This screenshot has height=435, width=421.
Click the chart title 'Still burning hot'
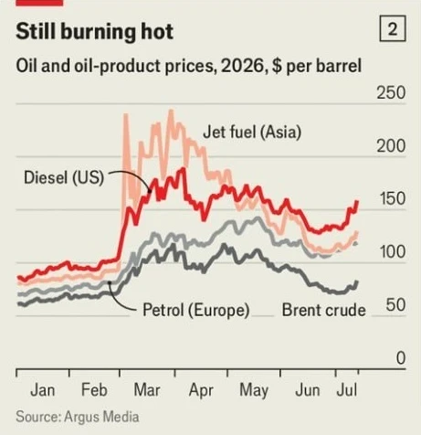coord(94,31)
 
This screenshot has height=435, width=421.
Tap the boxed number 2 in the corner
coord(393,28)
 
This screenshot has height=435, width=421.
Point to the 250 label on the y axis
coord(391,92)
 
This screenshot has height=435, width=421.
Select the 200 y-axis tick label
coord(391,146)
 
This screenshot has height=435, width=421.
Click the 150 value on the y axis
coord(393,198)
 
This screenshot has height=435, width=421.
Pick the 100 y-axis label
coord(393,251)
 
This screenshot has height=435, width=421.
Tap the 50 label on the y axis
coord(395,304)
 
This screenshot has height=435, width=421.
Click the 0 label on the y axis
coord(401,358)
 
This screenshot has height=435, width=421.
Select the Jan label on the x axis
coord(43,390)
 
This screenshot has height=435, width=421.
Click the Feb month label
coord(94,390)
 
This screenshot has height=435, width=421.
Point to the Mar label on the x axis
coord(147,390)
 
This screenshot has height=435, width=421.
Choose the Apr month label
coord(201,391)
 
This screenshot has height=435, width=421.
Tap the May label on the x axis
coord(254,391)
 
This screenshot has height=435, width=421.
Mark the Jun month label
coord(308,390)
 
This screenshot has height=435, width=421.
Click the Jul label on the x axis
coord(347,390)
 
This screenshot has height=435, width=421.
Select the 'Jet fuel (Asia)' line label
coord(252,133)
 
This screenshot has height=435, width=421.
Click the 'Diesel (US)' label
coord(64,177)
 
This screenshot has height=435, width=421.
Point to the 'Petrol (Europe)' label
coord(196,310)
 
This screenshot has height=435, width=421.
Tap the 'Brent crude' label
coord(324,310)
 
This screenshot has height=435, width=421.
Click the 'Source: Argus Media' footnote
coord(78,417)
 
